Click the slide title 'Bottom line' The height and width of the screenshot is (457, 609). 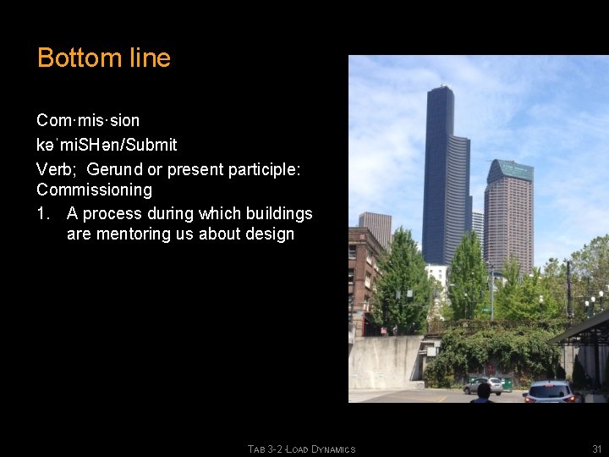click(104, 58)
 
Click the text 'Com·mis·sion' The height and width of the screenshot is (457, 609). click(88, 120)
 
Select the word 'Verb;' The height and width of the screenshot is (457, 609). click(57, 168)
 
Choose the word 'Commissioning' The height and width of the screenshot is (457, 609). click(94, 190)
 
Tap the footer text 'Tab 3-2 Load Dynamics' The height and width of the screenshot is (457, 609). click(301, 449)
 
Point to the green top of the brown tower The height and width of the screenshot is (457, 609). click(510, 170)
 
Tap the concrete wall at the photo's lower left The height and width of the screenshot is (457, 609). click(384, 361)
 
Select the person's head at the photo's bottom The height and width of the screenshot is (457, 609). click(483, 390)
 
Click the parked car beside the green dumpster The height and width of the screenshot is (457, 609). click(481, 385)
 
